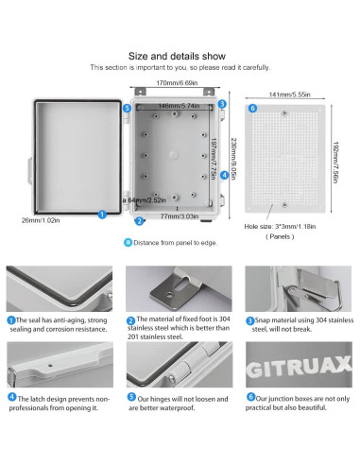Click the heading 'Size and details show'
[x=180, y=56]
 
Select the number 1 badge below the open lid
[x=102, y=215]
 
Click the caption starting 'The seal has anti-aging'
[x=59, y=324]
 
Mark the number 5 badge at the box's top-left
[x=129, y=109]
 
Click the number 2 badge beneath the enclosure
[x=140, y=221]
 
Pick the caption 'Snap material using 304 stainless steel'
[x=300, y=324]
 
